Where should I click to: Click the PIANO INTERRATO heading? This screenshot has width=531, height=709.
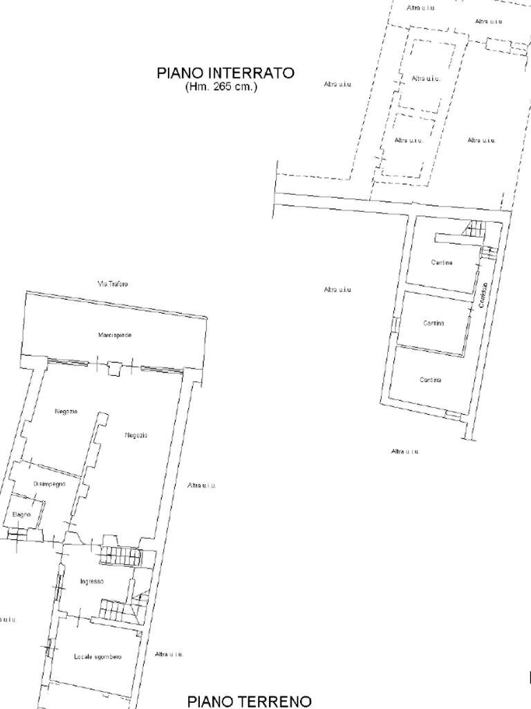coord(225,73)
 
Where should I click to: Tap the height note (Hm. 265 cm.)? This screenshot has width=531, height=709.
coord(221,87)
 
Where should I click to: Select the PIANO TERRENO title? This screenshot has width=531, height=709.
coord(249,701)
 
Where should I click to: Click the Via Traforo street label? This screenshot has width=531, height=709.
coord(112,284)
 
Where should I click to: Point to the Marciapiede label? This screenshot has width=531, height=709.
coord(115,335)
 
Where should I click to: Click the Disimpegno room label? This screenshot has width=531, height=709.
coord(50,484)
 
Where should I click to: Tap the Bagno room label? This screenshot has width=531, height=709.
coord(22,514)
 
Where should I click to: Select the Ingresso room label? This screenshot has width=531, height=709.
coord(92,582)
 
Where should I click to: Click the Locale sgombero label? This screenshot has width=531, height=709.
coord(97,656)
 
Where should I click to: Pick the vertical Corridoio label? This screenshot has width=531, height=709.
coord(485,295)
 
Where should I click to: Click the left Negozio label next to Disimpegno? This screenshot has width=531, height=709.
coord(66,412)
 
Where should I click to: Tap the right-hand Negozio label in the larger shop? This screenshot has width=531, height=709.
coord(136,435)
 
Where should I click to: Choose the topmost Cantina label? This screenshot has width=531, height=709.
coord(442,262)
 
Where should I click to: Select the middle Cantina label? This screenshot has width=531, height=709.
coord(434,323)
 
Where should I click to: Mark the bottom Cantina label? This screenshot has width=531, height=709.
coord(430,379)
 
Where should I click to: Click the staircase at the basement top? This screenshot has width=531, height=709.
coord(475,228)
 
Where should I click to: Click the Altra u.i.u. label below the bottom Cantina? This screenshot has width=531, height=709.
coord(404,451)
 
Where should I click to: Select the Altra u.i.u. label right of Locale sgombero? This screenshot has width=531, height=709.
coord(169,654)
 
